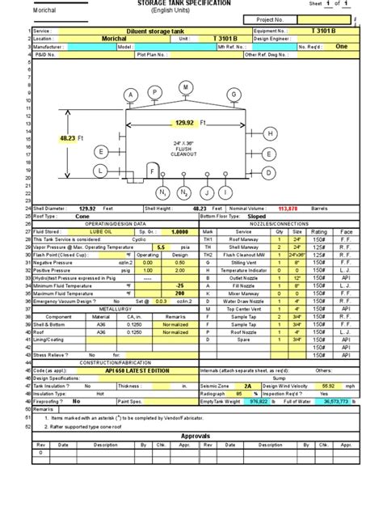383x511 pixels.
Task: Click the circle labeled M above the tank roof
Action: (186, 87)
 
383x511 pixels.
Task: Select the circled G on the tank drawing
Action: (234, 95)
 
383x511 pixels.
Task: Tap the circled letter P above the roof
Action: (154, 94)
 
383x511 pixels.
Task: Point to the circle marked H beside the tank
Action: (269, 133)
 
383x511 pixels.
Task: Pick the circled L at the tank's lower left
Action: (100, 171)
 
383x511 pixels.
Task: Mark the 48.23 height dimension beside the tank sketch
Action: (73, 138)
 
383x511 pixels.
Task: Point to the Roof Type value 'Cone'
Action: (82, 217)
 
